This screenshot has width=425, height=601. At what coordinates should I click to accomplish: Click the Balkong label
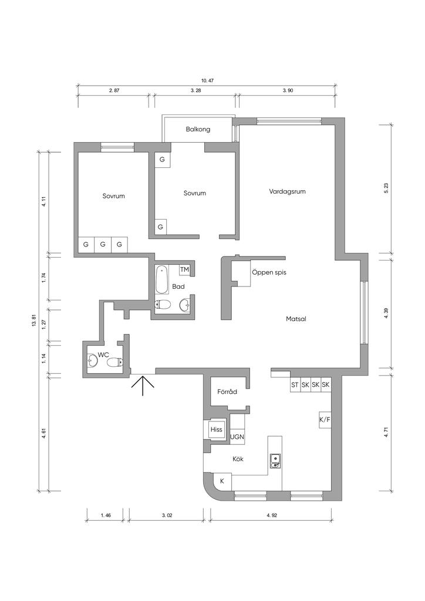click(198, 129)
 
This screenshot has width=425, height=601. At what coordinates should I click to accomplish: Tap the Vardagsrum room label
click(287, 191)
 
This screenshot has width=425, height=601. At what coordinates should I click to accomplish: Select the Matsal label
click(296, 319)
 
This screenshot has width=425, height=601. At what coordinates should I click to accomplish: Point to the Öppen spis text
click(269, 272)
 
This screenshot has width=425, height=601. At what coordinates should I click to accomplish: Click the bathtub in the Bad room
click(162, 279)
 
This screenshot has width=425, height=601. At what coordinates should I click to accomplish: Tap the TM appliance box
click(184, 270)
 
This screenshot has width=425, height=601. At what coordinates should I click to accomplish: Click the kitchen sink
click(275, 460)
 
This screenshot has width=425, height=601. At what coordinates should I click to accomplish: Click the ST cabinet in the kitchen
click(295, 385)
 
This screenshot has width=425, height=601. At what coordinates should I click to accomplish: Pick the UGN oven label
click(237, 437)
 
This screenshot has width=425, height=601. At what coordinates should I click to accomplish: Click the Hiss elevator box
click(216, 430)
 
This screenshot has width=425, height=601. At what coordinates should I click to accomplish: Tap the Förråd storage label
click(227, 391)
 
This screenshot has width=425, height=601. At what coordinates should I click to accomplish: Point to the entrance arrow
click(143, 385)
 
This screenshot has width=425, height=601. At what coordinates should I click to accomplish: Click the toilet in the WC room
click(114, 362)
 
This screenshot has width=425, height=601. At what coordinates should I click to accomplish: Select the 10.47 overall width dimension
click(207, 81)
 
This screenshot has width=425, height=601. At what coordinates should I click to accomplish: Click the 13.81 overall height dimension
click(33, 320)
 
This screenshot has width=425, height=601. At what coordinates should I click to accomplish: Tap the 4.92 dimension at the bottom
click(271, 515)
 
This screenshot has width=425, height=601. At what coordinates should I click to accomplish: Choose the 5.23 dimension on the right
click(386, 188)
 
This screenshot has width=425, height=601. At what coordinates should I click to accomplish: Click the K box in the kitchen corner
click(222, 481)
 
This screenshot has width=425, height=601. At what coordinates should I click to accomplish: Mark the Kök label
click(238, 459)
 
